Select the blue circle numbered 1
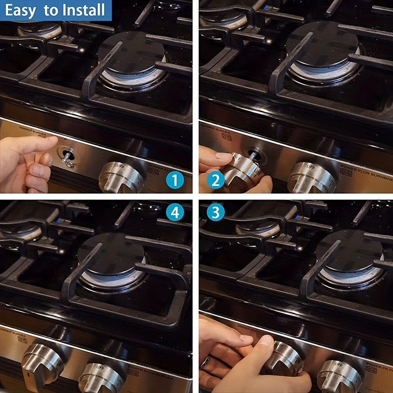(175, 181)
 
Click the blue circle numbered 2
(216, 181)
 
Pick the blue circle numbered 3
(216, 213)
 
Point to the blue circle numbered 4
(175, 213)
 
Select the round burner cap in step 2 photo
(322, 43)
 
